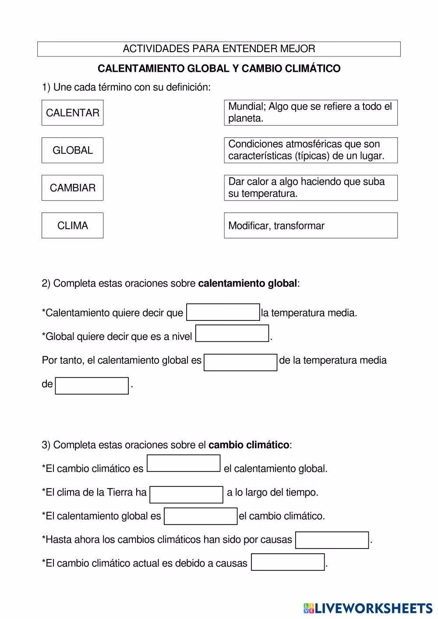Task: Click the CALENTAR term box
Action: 72,113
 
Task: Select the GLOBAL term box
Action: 72,150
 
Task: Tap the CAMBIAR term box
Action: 72,188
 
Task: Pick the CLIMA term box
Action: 72,225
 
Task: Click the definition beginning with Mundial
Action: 311,113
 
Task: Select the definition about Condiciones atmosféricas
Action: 311,150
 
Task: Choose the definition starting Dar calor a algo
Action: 311,188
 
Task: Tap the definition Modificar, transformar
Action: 311,225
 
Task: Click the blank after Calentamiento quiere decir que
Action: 223,313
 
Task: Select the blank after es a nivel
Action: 232,334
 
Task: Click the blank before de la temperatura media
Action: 240,362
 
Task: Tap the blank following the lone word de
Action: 92,386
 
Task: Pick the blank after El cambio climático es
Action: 184,464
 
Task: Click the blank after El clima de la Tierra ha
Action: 187,495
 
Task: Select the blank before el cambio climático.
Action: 201,516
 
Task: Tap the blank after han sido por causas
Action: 332,540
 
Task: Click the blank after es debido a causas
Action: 288,562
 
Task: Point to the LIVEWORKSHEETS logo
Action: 367,608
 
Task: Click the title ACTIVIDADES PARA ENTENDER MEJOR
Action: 219,49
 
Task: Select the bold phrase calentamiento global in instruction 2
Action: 247,284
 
